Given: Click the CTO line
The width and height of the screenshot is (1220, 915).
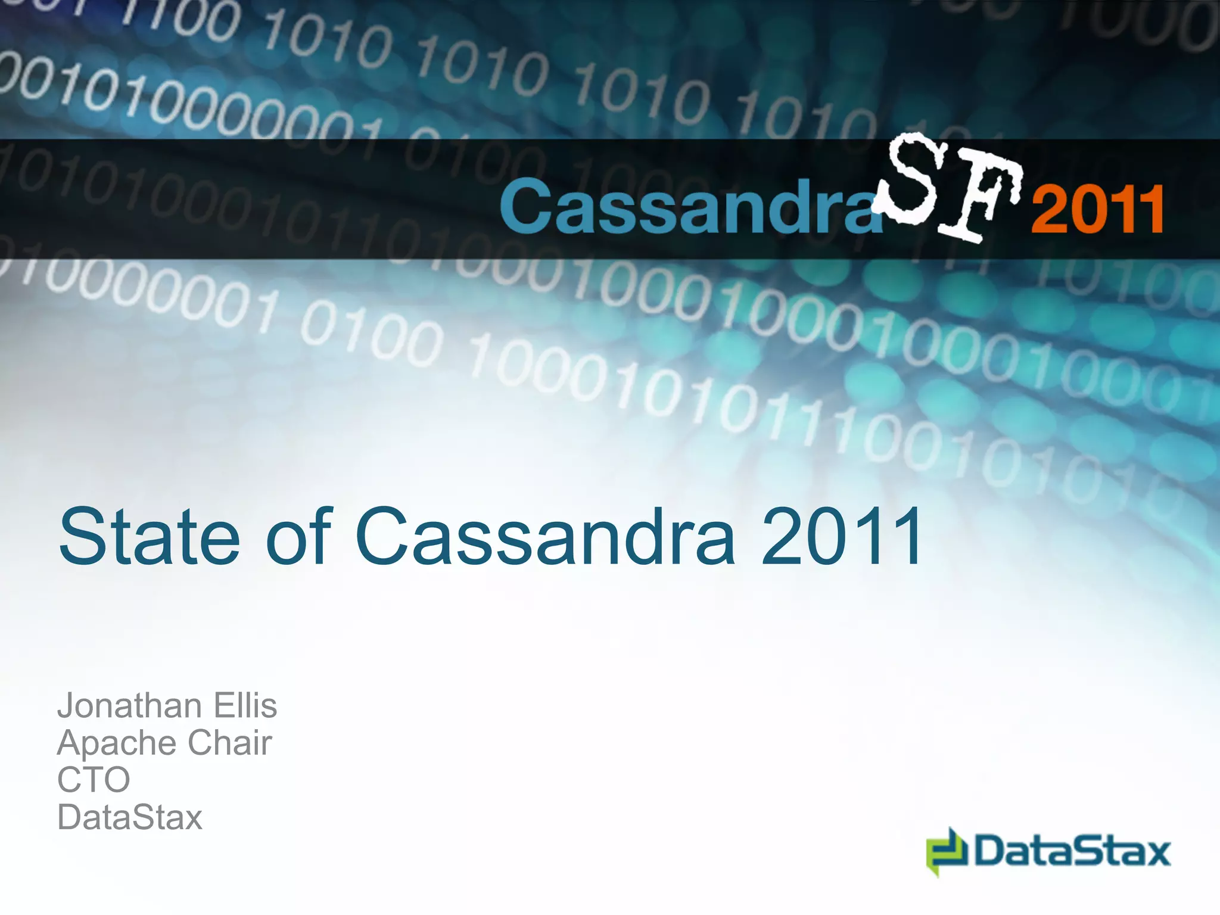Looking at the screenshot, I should click(x=94, y=780).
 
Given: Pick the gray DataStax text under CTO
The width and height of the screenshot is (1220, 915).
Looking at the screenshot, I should click(x=130, y=817).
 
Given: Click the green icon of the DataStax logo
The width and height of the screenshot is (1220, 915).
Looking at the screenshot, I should click(x=947, y=851).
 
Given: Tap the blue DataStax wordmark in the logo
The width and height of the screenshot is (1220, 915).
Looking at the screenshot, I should click(x=1073, y=851).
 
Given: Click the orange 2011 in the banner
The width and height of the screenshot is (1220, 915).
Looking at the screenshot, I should click(x=1098, y=208).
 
